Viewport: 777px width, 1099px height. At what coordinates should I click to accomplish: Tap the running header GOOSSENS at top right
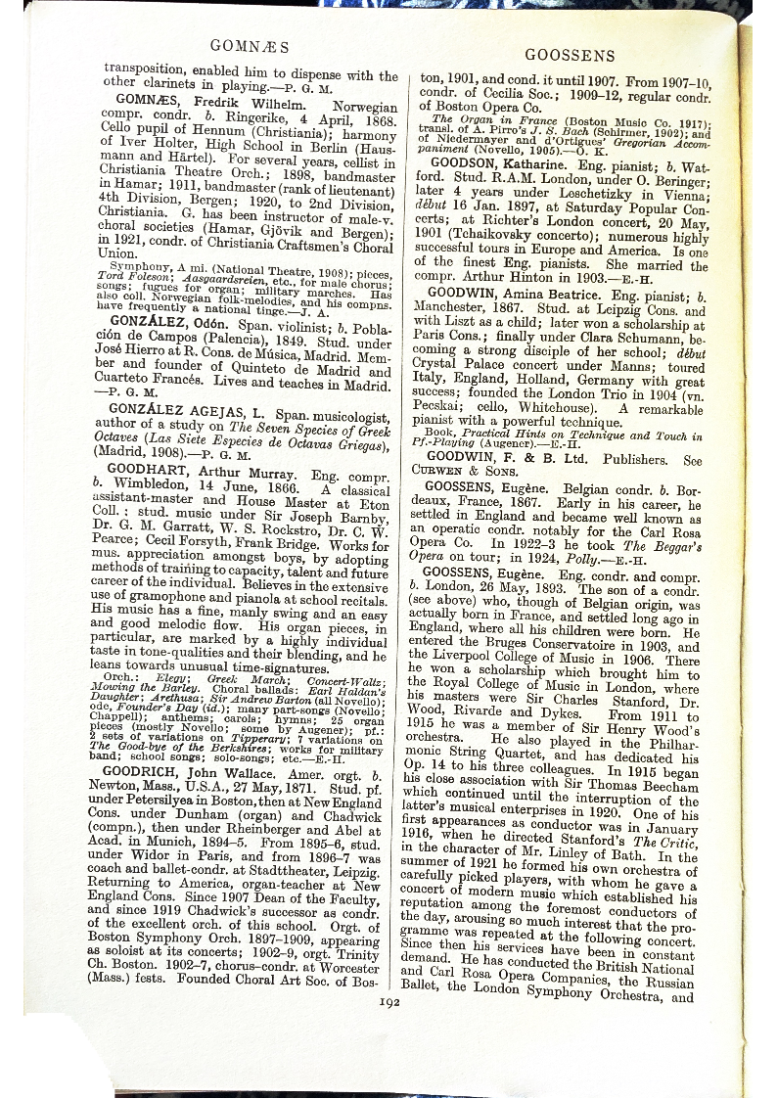(x=571, y=56)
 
